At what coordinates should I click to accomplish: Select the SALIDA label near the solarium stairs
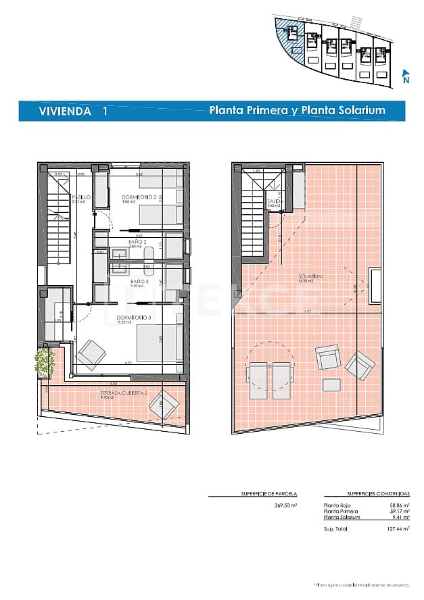pyautogui.click(x=274, y=201)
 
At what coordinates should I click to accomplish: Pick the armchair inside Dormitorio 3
pyautogui.click(x=91, y=352)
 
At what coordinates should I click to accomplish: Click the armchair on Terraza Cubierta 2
pyautogui.click(x=166, y=404)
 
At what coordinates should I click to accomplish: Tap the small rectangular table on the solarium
pyautogui.click(x=331, y=384)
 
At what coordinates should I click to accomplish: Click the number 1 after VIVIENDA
pyautogui.click(x=103, y=111)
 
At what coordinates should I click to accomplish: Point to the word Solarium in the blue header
pyautogui.click(x=362, y=110)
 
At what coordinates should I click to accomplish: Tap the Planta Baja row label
pyautogui.click(x=337, y=505)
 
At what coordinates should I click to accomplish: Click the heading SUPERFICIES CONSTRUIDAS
pyautogui.click(x=359, y=494)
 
